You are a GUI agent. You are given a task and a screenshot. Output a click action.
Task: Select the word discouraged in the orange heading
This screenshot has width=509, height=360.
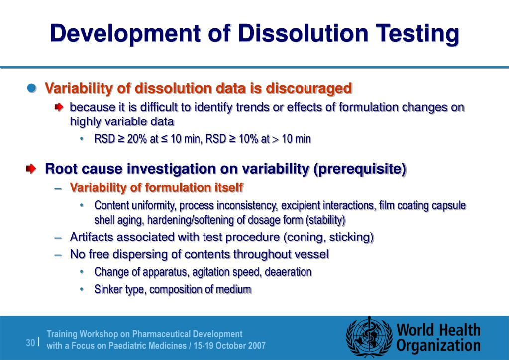308,89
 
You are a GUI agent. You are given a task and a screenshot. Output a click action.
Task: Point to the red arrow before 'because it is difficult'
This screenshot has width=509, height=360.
59,107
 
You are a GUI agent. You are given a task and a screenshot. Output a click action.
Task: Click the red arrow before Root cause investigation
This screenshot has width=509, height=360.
32,169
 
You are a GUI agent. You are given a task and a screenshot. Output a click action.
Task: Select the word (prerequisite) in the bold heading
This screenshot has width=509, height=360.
360,169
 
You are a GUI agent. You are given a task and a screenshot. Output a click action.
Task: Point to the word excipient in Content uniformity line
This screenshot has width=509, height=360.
301,205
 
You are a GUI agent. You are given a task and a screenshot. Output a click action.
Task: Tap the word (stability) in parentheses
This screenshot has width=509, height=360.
325,220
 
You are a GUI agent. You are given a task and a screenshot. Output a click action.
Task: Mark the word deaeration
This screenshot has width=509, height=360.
289,272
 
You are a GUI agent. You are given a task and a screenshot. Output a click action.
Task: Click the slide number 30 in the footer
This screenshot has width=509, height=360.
31,343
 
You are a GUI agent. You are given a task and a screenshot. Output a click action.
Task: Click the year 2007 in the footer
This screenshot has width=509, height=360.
256,345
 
